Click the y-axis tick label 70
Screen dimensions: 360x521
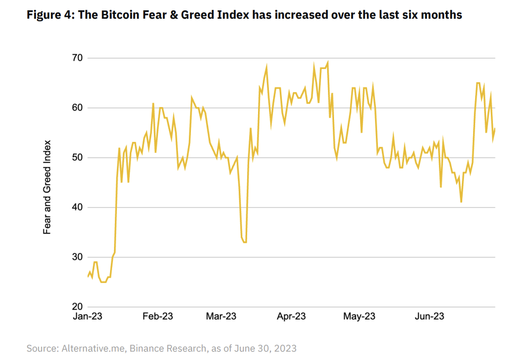pos(77,58)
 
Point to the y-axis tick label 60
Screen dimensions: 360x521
pos(77,108)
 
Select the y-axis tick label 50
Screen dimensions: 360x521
pos(77,158)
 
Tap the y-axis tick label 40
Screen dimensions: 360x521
pos(77,208)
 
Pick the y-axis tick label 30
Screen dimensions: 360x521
pos(77,257)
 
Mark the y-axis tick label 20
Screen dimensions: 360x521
pos(77,307)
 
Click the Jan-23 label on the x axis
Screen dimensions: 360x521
pos(88,317)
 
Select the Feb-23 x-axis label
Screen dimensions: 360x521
pos(158,317)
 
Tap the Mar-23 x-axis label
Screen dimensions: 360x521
pos(221,317)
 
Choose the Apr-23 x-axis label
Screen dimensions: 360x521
pos(291,317)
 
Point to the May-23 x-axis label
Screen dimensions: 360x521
pos(359,317)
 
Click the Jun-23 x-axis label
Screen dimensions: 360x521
pos(429,317)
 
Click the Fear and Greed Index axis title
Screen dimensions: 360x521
pos(47,187)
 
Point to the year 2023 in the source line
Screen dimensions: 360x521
pos(285,348)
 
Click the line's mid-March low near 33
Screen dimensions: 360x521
pos(244,242)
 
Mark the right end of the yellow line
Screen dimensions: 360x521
pos(495,129)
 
